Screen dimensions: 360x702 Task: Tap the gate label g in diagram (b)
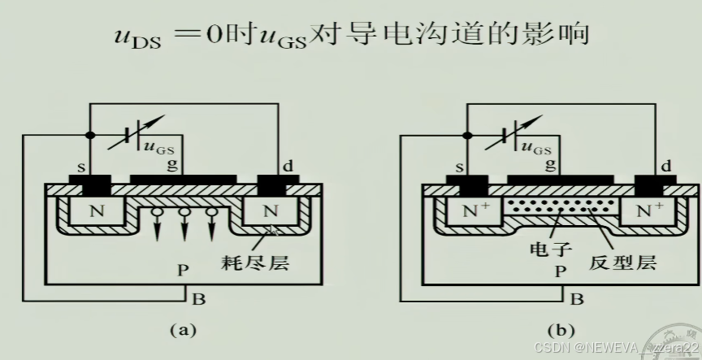point(552,165)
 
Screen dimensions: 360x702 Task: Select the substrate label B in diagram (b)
point(577,298)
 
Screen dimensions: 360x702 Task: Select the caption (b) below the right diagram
point(561,330)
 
